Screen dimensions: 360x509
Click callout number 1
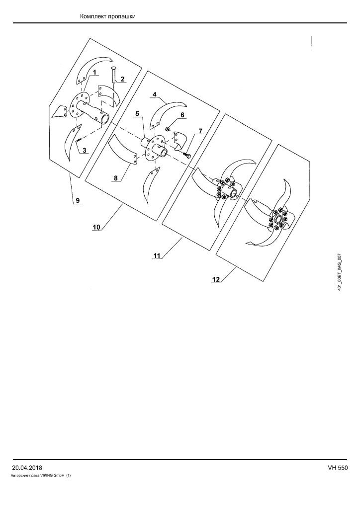(x=94, y=73)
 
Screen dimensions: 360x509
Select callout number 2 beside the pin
(x=122, y=79)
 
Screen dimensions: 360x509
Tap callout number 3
(x=85, y=150)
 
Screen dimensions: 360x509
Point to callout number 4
(x=155, y=94)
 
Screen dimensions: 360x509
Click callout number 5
(x=137, y=114)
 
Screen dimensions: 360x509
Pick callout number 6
(x=182, y=115)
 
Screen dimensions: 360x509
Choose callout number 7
(x=200, y=131)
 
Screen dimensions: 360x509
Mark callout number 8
(x=115, y=178)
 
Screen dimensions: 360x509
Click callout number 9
(x=78, y=200)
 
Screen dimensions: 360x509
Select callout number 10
(x=96, y=227)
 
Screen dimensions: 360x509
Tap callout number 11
(x=157, y=256)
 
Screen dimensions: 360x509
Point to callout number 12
(x=216, y=279)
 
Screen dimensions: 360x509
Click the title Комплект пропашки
(x=108, y=16)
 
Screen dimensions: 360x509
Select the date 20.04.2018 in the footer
(x=27, y=468)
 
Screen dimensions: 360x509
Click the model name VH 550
(x=338, y=468)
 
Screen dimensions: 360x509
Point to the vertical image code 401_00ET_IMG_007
(x=340, y=272)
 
